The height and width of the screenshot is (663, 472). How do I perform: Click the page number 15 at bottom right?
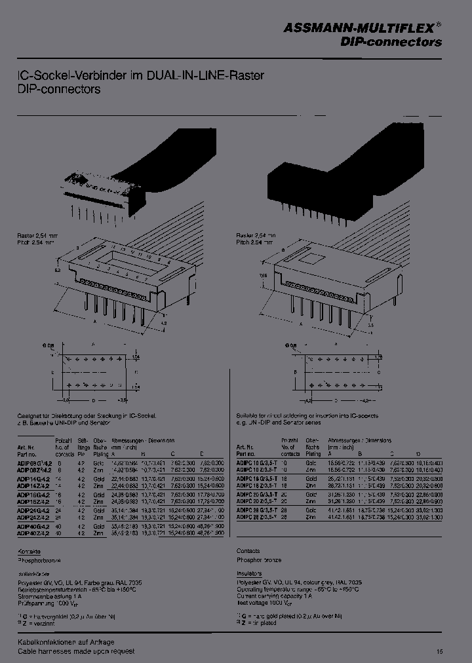439,651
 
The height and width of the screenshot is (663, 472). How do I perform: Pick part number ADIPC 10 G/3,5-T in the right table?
258,463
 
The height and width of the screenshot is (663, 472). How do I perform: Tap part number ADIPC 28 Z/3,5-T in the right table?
258,517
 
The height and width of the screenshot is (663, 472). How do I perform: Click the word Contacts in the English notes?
248,552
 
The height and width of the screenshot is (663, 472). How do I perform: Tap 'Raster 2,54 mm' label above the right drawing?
256,234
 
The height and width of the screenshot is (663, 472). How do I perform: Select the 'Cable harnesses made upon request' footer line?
75,651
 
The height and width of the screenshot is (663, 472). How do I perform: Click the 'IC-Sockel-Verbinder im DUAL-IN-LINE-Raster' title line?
140,75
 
